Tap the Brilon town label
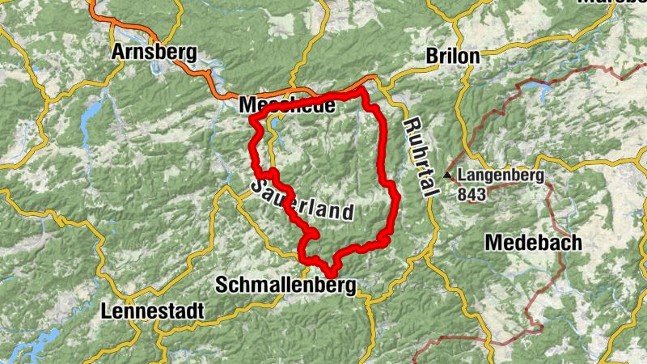[x=454, y=57]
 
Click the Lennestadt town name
[x=153, y=311]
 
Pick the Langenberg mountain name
[x=501, y=175]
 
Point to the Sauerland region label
[x=303, y=201]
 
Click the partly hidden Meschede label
[x=275, y=106]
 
